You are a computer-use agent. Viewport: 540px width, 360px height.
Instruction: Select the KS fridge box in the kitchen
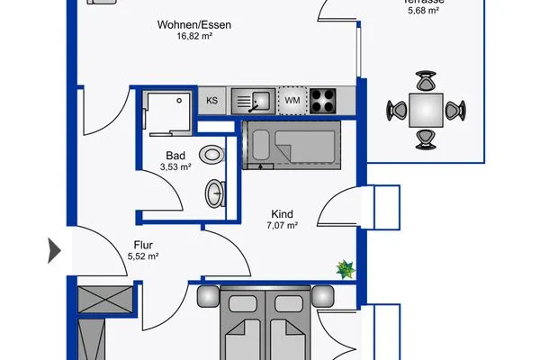[x=212, y=100]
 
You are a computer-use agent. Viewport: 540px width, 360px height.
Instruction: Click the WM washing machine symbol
[x=292, y=100]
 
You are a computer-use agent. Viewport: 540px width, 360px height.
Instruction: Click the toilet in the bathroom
[x=212, y=154]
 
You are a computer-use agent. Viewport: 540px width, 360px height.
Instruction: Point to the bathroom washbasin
[x=217, y=193]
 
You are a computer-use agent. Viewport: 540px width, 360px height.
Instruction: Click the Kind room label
[x=283, y=213]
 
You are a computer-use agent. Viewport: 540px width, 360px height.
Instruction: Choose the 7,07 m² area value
[x=283, y=226]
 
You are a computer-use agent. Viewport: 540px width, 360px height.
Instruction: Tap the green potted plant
[x=344, y=267]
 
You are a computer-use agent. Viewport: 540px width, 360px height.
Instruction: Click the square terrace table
[x=424, y=111]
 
